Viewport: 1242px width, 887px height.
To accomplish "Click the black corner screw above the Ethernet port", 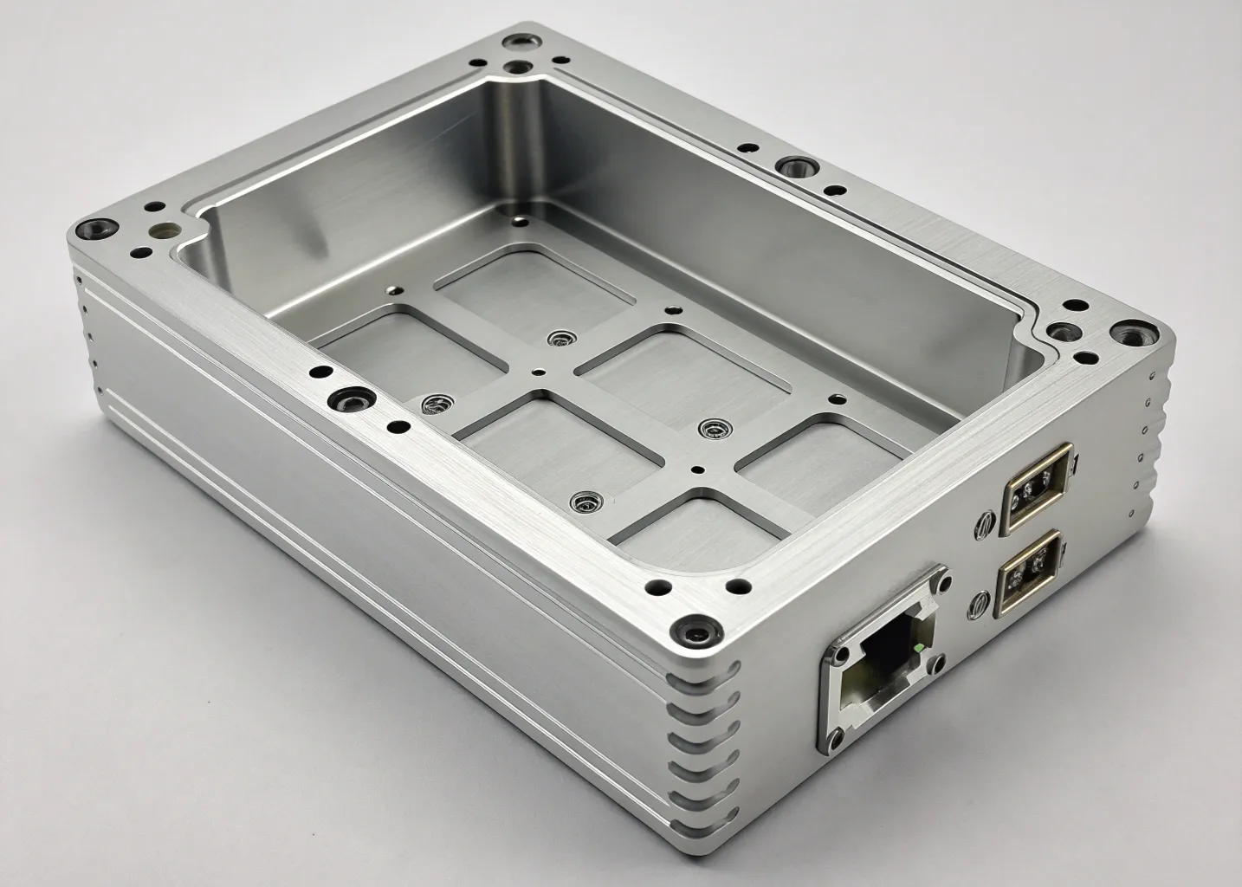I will (x=693, y=630).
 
